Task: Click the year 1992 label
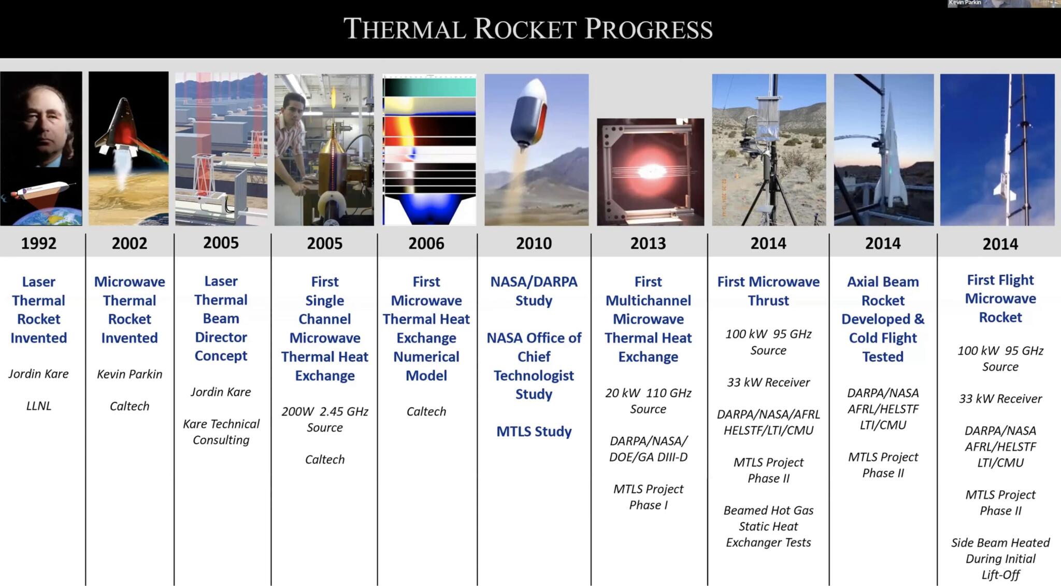coord(38,243)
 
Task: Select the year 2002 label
coord(130,243)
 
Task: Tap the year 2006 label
coord(426,243)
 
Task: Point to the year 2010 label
coord(534,243)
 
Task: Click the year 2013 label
coord(648,243)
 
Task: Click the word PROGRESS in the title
coord(649,29)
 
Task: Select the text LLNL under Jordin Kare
coord(39,406)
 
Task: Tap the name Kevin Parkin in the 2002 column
coord(130,374)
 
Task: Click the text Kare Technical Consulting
coord(221,432)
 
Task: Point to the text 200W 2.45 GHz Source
coord(325,419)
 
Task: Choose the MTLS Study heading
coord(534,431)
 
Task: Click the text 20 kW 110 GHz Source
coord(648,401)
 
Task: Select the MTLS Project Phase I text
coord(648,496)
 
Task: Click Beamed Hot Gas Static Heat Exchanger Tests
coord(768,526)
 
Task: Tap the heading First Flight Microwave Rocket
coord(1000,298)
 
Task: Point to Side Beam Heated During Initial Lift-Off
coord(1000,558)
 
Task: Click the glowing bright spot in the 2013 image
coord(649,171)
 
